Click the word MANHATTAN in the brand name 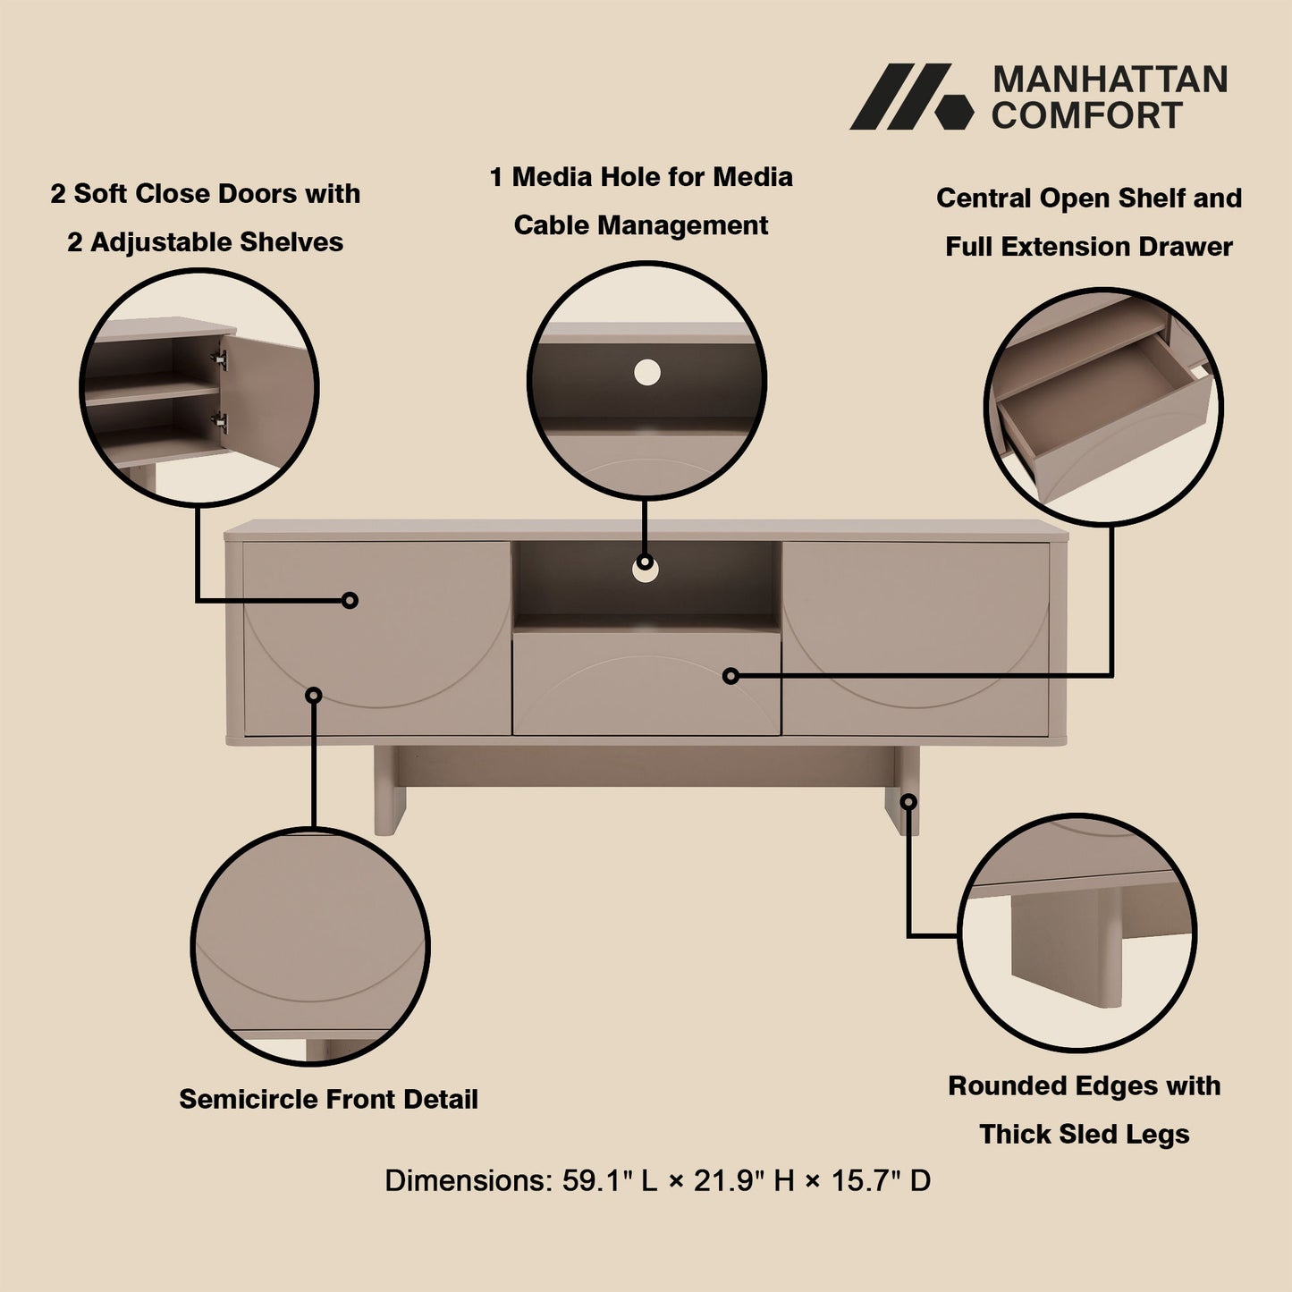click(x=1110, y=80)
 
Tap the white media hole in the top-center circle click(x=646, y=373)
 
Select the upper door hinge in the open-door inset click(x=219, y=359)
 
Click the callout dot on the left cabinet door click(x=350, y=600)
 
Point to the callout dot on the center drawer click(x=730, y=676)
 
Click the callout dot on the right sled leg click(x=908, y=802)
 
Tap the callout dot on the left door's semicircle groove click(x=314, y=695)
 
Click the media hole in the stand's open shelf click(x=646, y=570)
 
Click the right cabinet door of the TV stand click(x=915, y=638)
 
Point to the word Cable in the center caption click(x=552, y=225)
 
